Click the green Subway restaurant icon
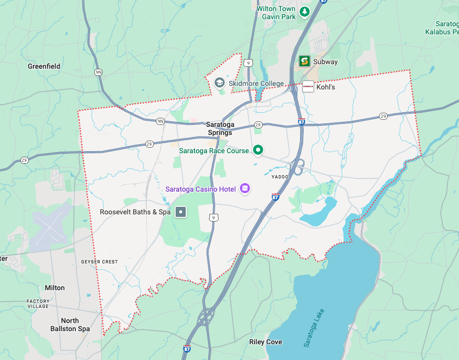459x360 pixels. pos(304,62)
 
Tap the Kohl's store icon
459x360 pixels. pos(308,86)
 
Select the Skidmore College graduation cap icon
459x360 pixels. pos(220,82)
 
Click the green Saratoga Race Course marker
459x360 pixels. pos(258,150)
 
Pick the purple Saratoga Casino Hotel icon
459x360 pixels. pos(245,189)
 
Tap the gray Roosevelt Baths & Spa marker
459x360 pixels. pos(181,212)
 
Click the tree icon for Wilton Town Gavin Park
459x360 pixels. pos(304,11)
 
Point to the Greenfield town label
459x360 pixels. pos(44,66)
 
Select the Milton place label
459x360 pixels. pos(55,288)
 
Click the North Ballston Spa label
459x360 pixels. pos(70,325)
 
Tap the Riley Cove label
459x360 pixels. pos(266,342)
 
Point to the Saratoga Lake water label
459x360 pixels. pos(314,327)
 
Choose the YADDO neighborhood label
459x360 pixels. pos(279,177)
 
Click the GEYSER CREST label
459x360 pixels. pos(99,262)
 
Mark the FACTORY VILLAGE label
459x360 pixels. pos(38,304)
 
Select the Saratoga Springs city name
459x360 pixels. pos(220,128)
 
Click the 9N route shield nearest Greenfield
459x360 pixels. pos(98,72)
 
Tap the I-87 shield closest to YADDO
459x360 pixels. pos(275,196)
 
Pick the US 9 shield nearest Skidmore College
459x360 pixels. pos(247,63)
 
